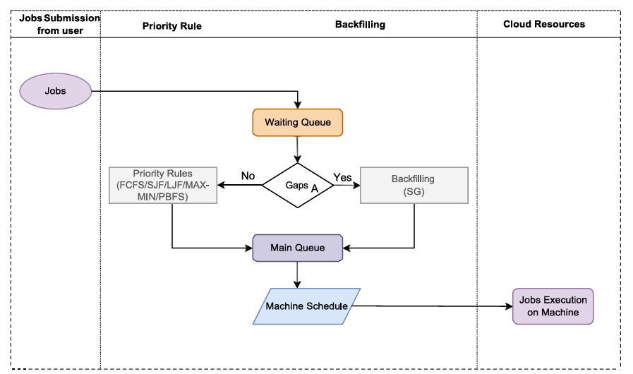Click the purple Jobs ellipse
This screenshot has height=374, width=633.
point(56,91)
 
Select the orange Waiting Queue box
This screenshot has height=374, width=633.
point(297,122)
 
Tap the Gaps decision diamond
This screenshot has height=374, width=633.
point(297,186)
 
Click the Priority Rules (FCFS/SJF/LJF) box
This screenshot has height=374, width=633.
point(163,185)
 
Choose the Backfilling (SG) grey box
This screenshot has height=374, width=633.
point(414,185)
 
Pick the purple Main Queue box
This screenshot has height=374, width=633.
point(297,248)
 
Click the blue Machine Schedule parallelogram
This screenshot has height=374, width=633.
point(306,306)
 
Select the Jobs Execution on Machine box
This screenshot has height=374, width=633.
point(553,306)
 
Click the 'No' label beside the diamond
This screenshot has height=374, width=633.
point(248,176)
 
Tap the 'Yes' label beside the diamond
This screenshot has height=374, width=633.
point(342,178)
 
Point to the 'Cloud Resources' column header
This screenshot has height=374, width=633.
point(544,24)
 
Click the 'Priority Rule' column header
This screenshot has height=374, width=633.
point(172,25)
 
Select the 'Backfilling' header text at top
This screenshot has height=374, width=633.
point(360,24)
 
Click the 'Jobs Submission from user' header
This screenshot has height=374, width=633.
point(56,24)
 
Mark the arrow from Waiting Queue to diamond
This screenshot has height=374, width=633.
point(297,150)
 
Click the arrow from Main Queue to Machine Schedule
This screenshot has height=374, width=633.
point(297,274)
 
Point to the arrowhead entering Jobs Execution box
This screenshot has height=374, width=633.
point(508,306)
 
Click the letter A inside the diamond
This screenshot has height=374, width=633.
point(315,188)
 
